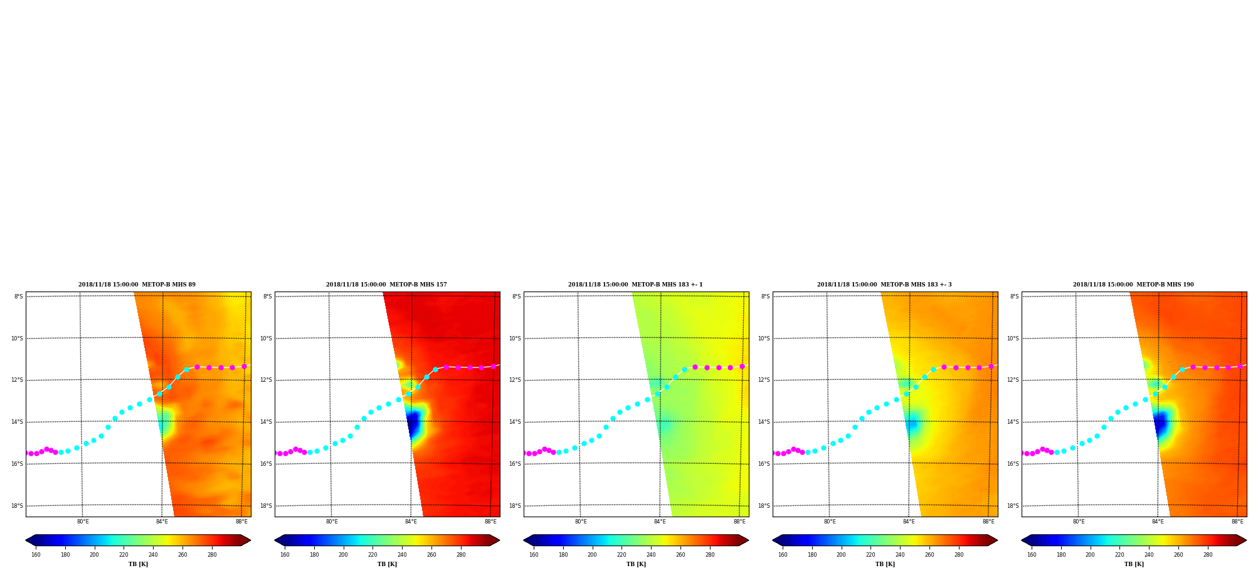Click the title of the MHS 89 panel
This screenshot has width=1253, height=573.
tap(137, 285)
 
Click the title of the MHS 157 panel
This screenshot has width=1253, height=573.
tap(386, 285)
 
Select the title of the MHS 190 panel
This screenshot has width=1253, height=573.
tap(1133, 285)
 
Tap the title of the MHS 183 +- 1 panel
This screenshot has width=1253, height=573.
tap(635, 285)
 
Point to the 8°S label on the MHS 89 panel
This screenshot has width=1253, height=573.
tap(19, 297)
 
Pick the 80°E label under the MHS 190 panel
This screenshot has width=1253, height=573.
tap(1079, 522)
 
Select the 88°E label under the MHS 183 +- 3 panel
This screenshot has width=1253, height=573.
tap(988, 522)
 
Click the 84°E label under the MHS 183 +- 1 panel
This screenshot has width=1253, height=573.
tap(660, 522)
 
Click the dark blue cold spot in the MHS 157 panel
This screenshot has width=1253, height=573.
tap(413, 423)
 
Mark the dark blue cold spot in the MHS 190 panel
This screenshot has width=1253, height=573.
tap(1161, 423)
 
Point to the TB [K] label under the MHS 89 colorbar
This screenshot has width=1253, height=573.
tap(138, 564)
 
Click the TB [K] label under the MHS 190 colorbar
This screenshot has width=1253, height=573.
tap(1134, 564)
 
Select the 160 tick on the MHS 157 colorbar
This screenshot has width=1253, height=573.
tap(285, 554)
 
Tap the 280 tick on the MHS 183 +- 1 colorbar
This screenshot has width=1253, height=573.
tap(710, 554)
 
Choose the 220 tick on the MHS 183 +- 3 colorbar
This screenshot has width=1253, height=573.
tap(870, 554)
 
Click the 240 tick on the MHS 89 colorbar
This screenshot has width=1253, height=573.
tap(153, 554)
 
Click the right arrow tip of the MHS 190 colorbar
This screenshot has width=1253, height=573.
tap(1246, 540)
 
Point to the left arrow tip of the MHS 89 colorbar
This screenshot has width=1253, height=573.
tap(26, 540)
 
